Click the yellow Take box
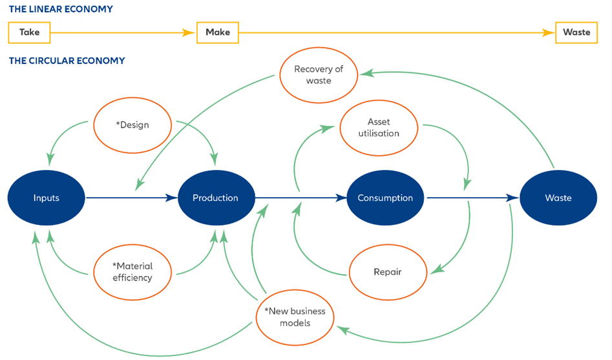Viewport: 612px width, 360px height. click(x=29, y=32)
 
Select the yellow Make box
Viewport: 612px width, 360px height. click(x=217, y=32)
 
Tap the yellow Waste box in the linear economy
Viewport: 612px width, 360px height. click(x=576, y=32)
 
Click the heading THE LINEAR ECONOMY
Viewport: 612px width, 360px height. click(x=61, y=9)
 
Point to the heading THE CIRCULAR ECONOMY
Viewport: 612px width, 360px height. click(x=67, y=61)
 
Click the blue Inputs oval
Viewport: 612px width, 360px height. click(x=47, y=198)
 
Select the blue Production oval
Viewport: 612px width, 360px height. click(x=215, y=198)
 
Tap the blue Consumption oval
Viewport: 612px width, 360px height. click(x=385, y=198)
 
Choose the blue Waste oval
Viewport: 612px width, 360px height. click(x=558, y=198)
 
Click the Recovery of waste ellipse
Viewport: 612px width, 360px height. click(x=319, y=75)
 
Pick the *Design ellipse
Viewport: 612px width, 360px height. click(x=132, y=125)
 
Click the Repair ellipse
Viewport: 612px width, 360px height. click(x=388, y=271)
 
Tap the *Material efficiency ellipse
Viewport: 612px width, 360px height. click(x=132, y=271)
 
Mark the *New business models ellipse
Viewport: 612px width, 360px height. click(x=295, y=317)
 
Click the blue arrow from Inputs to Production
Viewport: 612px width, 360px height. click(x=129, y=198)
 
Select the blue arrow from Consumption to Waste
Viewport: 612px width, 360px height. click(x=472, y=198)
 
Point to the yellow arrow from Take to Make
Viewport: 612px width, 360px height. click(x=123, y=32)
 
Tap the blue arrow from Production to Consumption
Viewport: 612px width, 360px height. click(x=301, y=198)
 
